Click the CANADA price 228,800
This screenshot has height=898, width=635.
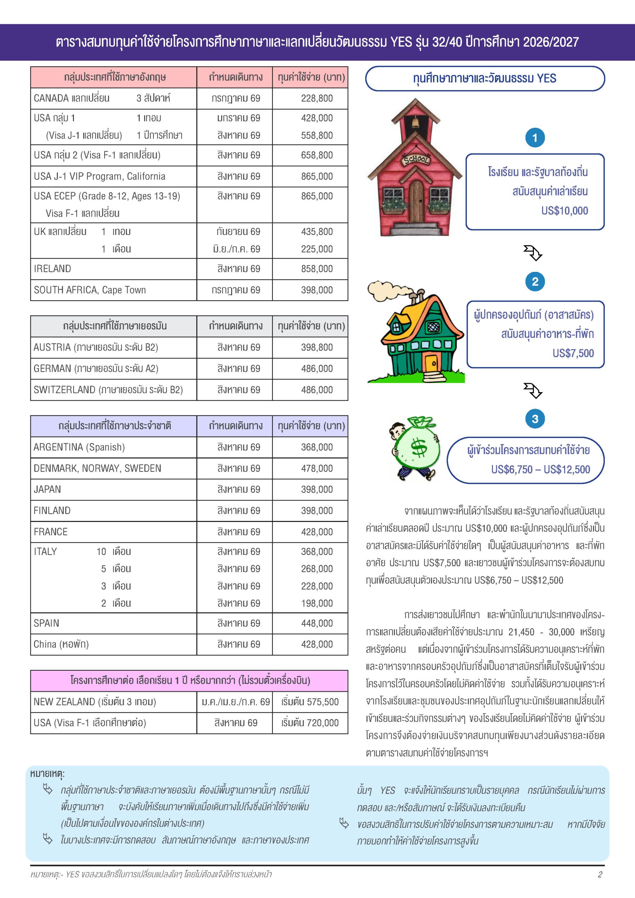(317, 98)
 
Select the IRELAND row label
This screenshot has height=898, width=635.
(52, 269)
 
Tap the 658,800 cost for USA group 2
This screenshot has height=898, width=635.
(317, 155)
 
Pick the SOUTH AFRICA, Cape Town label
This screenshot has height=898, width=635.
(89, 290)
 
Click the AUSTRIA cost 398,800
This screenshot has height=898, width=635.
(317, 347)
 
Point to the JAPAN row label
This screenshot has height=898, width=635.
(47, 489)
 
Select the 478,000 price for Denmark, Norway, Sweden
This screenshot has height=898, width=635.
(317, 468)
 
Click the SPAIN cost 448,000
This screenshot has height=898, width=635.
(317, 623)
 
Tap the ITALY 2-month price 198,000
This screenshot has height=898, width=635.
(317, 603)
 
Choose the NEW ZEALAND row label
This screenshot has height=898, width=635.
(95, 702)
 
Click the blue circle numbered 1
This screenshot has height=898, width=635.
(535, 138)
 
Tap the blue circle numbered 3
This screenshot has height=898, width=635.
(535, 419)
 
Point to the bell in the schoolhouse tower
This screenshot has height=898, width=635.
(415, 123)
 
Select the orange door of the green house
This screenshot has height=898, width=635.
(432, 362)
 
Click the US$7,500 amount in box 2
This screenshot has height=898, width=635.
(573, 353)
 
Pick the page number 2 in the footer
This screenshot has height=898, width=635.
(600, 874)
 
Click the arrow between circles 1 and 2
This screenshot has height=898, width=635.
(533, 253)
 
